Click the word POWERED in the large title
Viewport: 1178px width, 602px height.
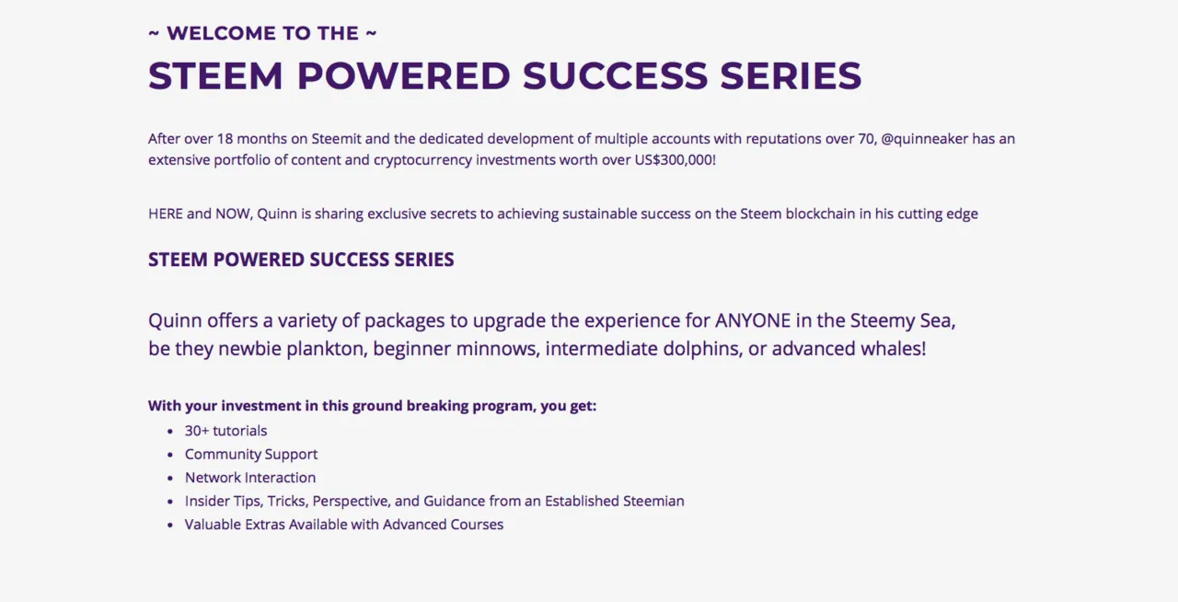tap(403, 75)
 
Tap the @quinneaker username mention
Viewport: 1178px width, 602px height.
tap(925, 139)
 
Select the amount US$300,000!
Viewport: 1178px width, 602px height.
tap(676, 160)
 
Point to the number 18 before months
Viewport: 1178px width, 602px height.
tap(225, 139)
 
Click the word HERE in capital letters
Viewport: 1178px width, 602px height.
tap(165, 214)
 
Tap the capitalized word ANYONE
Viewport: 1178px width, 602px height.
tap(753, 320)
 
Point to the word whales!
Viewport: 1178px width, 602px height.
tap(893, 349)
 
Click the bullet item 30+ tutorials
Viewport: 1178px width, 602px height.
tap(225, 431)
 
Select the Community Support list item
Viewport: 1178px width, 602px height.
tap(251, 454)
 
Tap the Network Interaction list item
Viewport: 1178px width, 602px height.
tap(249, 478)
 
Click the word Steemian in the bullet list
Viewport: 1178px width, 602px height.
tap(653, 501)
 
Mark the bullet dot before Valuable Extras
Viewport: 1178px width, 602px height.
tap(170, 525)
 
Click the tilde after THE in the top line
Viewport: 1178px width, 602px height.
tap(371, 33)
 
